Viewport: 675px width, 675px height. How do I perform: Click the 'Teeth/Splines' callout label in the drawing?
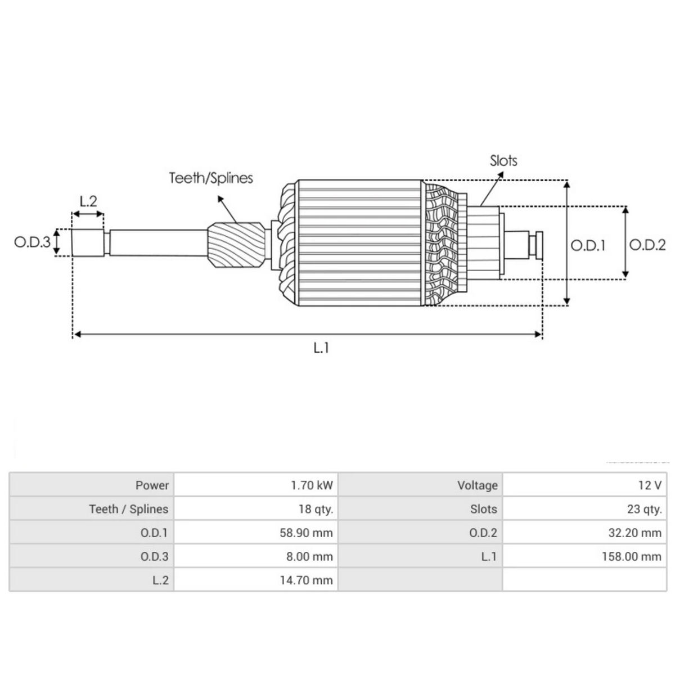point(211,178)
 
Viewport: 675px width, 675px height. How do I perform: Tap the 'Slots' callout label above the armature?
point(503,160)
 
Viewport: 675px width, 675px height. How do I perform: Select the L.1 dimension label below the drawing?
point(321,348)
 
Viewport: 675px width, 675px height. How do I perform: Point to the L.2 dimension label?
point(88,201)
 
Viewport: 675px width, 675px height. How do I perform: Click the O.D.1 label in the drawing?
point(588,245)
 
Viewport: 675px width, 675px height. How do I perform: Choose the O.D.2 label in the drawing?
point(647,245)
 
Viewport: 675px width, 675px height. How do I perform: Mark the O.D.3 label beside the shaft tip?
point(32,242)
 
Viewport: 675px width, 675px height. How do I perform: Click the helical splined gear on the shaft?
point(236,246)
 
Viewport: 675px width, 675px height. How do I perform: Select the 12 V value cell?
point(650,485)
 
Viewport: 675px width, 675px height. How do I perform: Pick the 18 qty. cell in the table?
point(316,509)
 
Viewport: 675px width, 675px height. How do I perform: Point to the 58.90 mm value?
point(306,533)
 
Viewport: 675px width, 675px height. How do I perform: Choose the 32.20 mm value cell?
point(634,533)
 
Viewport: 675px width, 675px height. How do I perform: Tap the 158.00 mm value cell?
point(631,557)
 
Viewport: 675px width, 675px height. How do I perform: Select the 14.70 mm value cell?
point(306,580)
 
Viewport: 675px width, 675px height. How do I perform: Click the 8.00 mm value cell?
point(309,557)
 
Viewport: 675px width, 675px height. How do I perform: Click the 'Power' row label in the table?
point(152,485)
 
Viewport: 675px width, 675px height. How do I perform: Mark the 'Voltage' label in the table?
point(477,485)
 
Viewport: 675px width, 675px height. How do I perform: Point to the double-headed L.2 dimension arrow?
point(88,214)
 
